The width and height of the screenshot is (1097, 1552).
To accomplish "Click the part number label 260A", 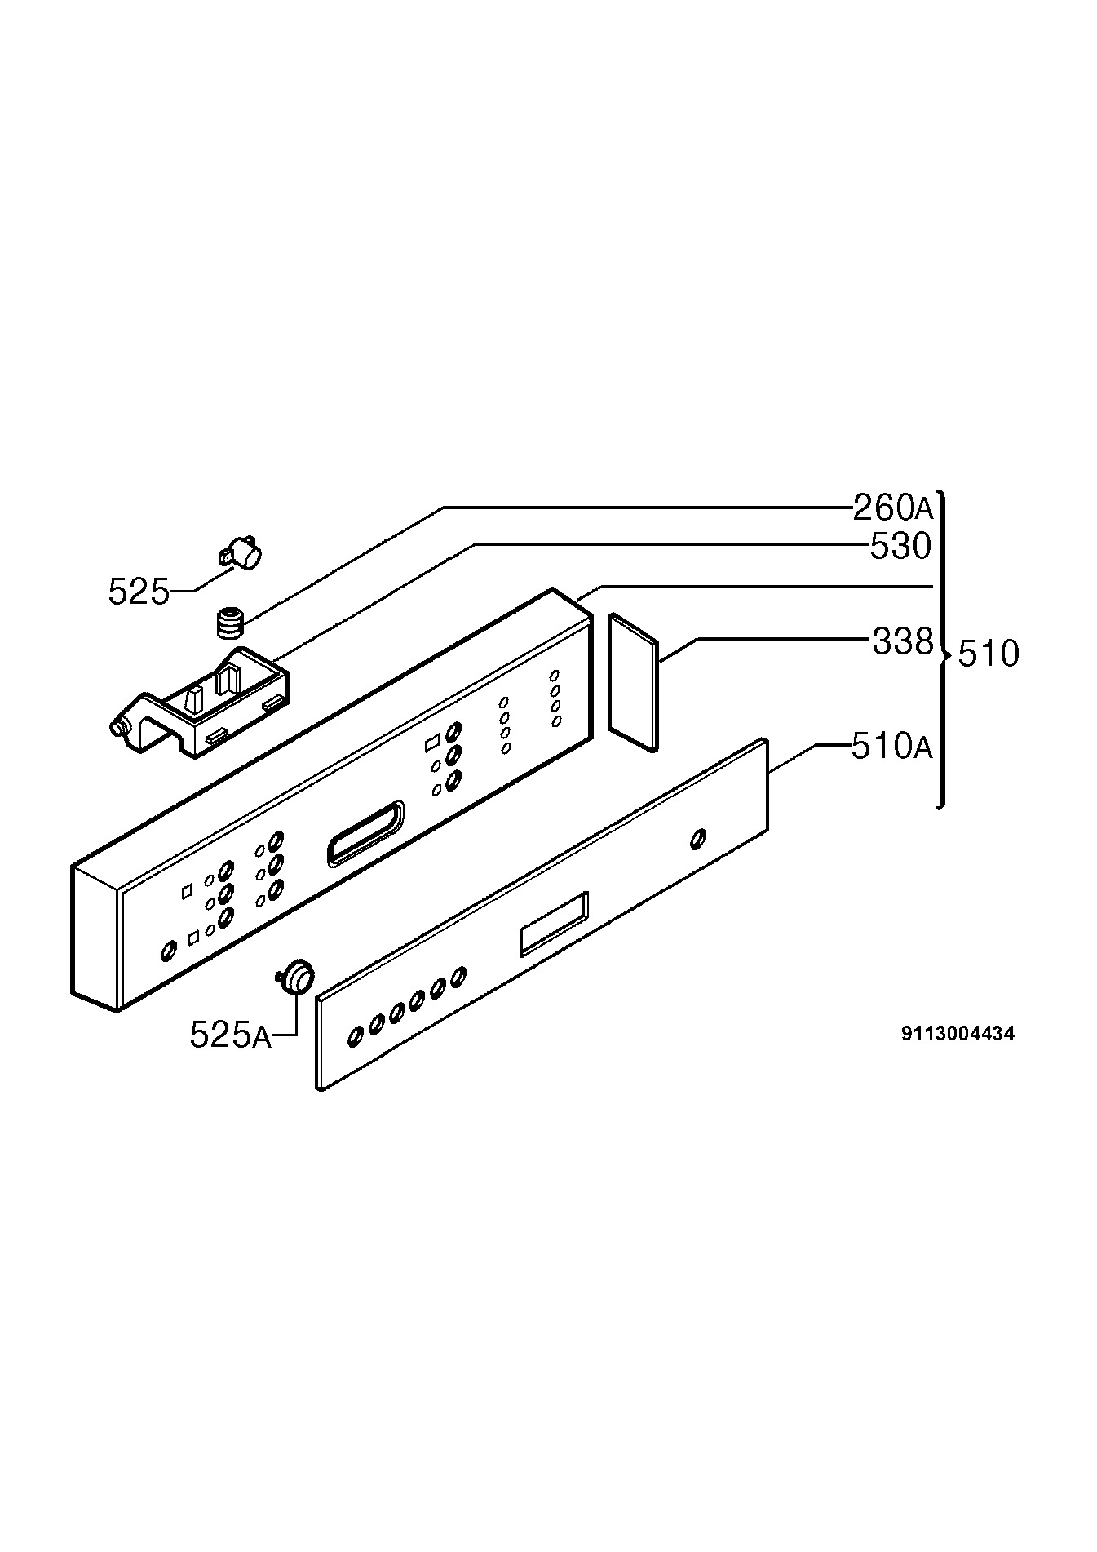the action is tap(892, 508).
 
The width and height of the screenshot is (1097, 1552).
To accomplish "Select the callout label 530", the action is tap(900, 546).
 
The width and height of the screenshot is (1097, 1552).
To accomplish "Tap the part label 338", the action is tap(902, 642).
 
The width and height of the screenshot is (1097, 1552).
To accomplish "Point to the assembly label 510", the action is tap(989, 654).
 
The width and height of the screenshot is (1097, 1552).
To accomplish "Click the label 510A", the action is tap(891, 746).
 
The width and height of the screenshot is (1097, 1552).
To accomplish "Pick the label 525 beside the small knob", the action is tap(139, 592).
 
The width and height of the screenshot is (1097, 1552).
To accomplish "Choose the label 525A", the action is tap(230, 1035).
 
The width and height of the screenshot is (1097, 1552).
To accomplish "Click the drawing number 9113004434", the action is tap(958, 1034).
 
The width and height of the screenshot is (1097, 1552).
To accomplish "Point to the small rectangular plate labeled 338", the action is tap(632, 682).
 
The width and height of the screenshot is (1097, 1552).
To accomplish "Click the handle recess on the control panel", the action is tap(365, 832).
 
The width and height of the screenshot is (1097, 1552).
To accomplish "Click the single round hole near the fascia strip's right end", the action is tap(697, 840).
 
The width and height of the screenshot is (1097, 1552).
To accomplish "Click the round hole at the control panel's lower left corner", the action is tap(168, 951).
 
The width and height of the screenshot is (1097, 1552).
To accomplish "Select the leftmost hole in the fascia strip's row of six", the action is tap(356, 1037).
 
